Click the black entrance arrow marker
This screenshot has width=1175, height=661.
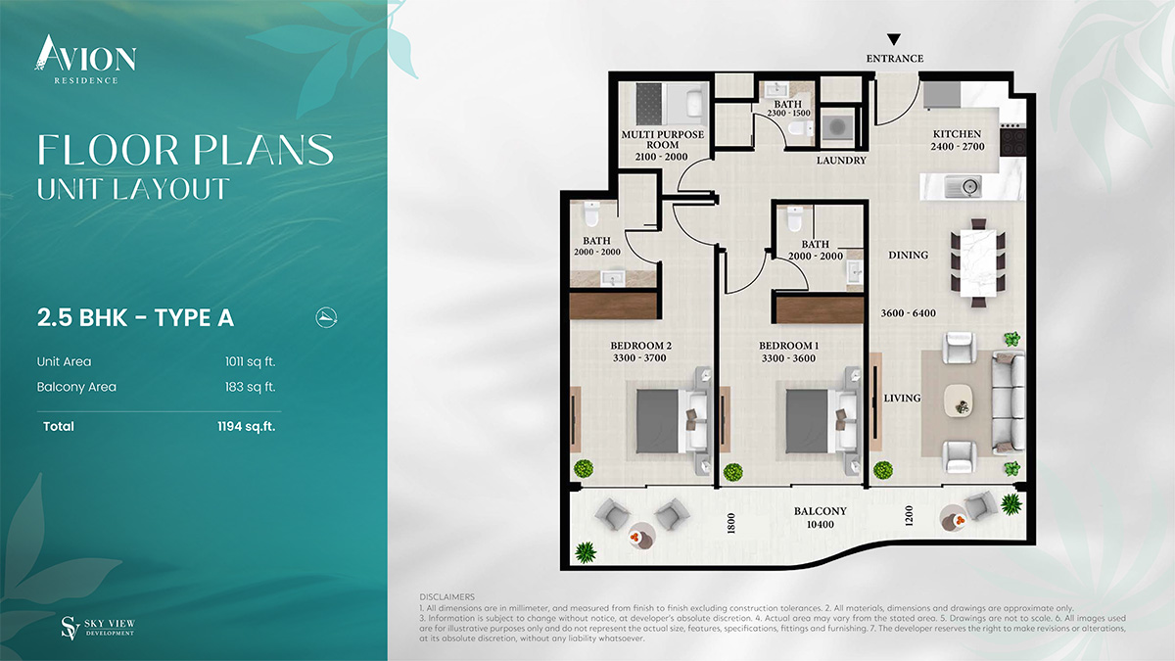pyautogui.click(x=894, y=39)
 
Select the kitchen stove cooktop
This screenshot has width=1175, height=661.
pyautogui.click(x=1012, y=141)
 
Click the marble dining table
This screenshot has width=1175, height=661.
pyautogui.click(x=978, y=262)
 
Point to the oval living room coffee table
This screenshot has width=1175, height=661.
pyautogui.click(x=959, y=401)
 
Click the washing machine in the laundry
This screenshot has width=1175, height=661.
pyautogui.click(x=837, y=126)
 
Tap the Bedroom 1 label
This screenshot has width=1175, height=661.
pyautogui.click(x=788, y=346)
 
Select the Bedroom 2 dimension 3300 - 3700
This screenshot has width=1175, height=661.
pyautogui.click(x=639, y=358)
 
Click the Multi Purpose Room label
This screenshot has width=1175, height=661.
pyautogui.click(x=662, y=139)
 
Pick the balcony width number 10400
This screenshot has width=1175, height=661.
pyautogui.click(x=821, y=524)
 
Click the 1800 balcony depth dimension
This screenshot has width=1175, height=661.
pyautogui.click(x=731, y=523)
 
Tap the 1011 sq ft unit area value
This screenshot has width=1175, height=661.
pyautogui.click(x=251, y=362)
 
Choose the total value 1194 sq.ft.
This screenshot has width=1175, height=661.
pyautogui.click(x=246, y=427)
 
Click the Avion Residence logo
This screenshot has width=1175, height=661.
pyautogui.click(x=85, y=60)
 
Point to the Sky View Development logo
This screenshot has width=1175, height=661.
pyautogui.click(x=98, y=628)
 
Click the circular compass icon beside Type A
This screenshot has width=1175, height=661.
pyautogui.click(x=326, y=317)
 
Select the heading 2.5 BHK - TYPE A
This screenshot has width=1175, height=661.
pyautogui.click(x=135, y=318)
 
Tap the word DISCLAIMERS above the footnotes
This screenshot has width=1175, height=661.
pyautogui.click(x=446, y=597)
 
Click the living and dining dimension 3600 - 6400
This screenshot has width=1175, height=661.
pyautogui.click(x=908, y=313)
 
